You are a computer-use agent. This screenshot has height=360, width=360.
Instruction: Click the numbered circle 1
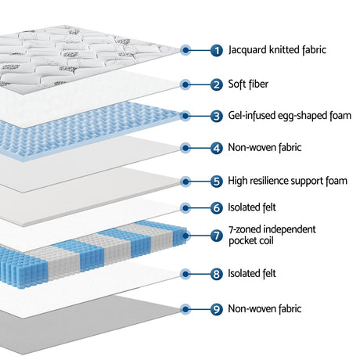point(217,50)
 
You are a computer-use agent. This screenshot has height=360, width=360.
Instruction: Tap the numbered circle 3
point(217,116)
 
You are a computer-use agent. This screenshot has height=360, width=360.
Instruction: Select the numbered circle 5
point(217,182)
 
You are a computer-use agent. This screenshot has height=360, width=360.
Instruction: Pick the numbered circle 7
point(217,236)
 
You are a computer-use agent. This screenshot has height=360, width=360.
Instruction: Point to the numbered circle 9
point(217,309)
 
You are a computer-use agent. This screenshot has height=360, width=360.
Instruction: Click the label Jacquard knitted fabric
point(277,50)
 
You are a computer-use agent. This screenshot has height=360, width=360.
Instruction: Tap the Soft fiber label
point(248,84)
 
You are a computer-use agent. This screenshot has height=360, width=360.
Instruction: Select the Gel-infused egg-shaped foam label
point(290,116)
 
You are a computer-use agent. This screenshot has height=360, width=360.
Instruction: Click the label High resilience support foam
point(287,181)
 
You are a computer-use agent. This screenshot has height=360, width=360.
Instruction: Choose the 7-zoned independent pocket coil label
point(272,235)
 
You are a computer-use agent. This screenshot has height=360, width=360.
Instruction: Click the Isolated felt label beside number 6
point(252,207)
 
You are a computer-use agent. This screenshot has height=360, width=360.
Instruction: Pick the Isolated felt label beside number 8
point(252,273)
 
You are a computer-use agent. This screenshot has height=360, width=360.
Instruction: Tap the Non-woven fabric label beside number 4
point(265,147)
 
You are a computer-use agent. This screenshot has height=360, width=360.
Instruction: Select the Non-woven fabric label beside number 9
point(265,308)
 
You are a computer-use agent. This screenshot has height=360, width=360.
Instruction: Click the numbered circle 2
point(217,85)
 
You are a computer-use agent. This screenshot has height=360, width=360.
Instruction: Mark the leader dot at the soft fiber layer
point(185,85)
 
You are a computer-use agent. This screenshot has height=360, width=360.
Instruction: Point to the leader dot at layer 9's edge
point(185,309)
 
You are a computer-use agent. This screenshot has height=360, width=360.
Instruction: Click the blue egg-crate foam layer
point(86,131)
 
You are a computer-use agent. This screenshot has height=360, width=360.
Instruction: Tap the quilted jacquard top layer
point(78,57)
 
